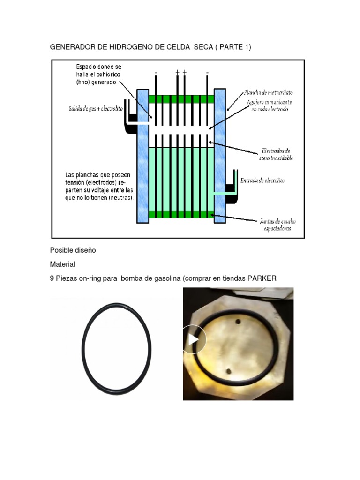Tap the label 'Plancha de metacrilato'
(268, 92)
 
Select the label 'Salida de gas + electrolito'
(96, 108)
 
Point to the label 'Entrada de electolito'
(262, 180)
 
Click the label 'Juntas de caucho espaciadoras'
(277, 225)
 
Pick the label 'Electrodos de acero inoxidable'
(276, 154)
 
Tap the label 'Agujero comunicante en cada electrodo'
(270, 105)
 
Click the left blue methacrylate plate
(142, 156)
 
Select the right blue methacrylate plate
(220, 156)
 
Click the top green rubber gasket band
(181, 99)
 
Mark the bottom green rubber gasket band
(181, 214)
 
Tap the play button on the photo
(193, 339)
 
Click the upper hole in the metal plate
(238, 322)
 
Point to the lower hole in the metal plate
(228, 372)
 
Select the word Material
(62, 264)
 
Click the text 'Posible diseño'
(73, 250)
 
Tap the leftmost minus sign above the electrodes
(156, 73)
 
